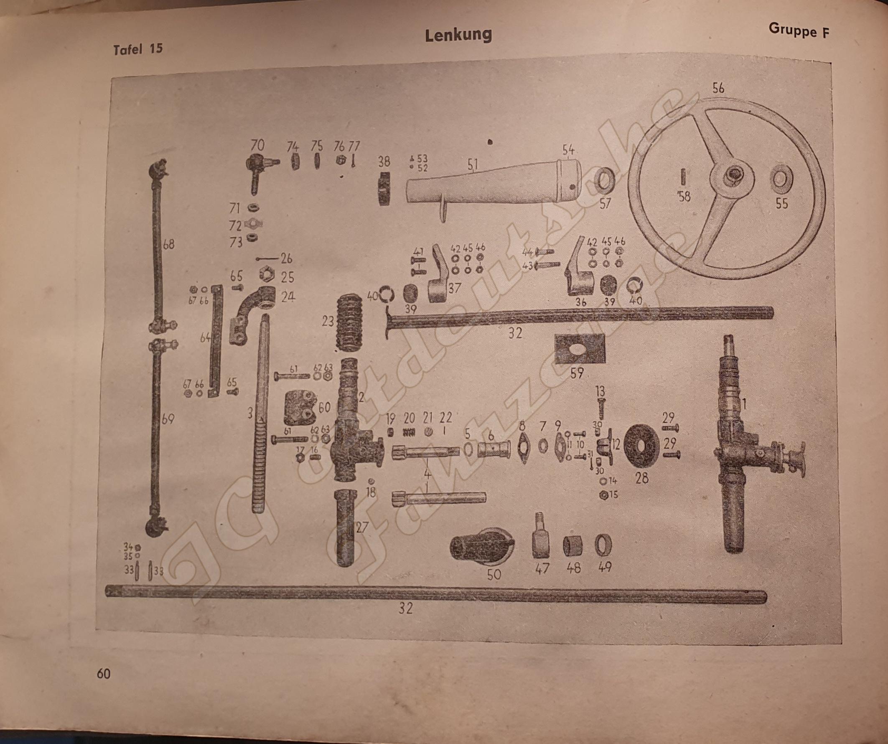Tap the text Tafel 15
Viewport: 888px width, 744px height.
[138, 49]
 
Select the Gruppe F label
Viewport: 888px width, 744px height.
[799, 30]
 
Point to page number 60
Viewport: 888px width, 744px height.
[104, 673]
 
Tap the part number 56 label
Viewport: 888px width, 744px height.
[718, 88]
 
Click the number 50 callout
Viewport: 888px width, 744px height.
[494, 574]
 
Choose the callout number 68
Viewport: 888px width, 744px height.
[168, 244]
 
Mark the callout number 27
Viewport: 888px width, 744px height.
[362, 527]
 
